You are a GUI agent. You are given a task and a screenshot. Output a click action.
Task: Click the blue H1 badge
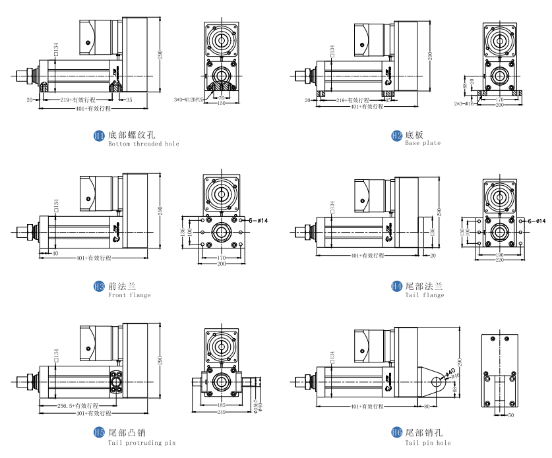pyautogui.click(x=100, y=136)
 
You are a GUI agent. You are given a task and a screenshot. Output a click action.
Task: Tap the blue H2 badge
pyautogui.click(x=397, y=136)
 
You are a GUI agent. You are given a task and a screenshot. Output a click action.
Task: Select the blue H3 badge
pyautogui.click(x=100, y=287)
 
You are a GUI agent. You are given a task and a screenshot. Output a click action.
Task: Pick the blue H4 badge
pyautogui.click(x=397, y=287)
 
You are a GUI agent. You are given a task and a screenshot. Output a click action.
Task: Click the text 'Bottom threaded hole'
pyautogui.click(x=143, y=144)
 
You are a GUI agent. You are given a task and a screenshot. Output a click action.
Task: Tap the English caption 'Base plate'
pyautogui.click(x=423, y=143)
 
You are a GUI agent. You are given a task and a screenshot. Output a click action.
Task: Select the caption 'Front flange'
pyautogui.click(x=129, y=295)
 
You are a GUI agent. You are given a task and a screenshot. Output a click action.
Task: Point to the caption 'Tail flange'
pyautogui.click(x=425, y=295)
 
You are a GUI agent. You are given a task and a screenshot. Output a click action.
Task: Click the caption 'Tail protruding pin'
pyautogui.click(x=142, y=443)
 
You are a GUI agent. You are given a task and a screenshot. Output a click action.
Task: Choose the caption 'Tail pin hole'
pyautogui.click(x=428, y=443)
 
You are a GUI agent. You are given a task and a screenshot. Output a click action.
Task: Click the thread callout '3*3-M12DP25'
pyautogui.click(x=189, y=100)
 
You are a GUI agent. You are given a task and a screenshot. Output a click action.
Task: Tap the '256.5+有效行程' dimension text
pyautogui.click(x=78, y=405)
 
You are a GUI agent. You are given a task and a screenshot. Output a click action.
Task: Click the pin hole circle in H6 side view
pyautogui.click(x=436, y=382)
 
